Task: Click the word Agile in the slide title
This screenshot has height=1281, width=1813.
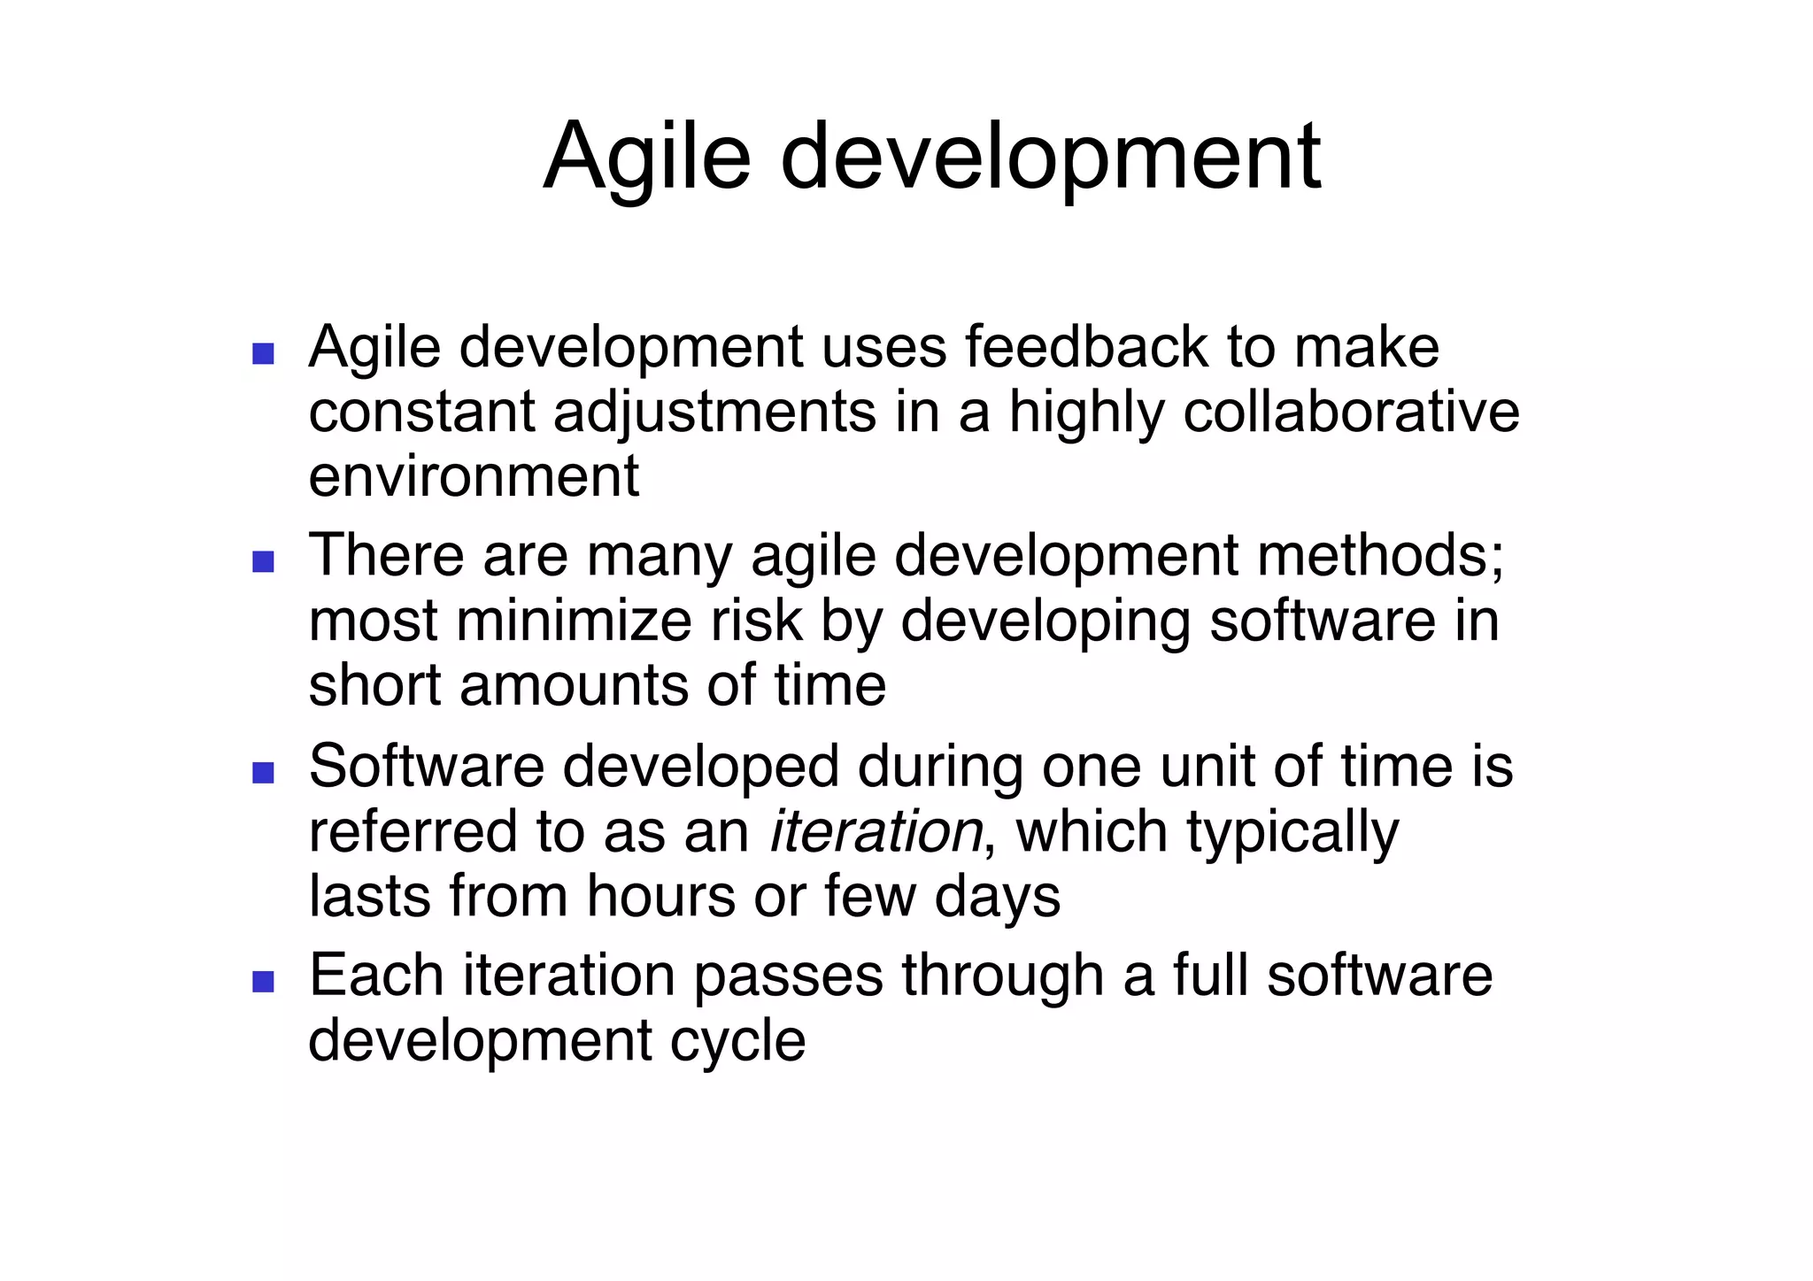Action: coord(647,158)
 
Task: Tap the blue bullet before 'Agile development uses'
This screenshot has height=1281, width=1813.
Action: coord(263,354)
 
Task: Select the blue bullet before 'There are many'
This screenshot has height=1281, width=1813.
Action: coord(263,562)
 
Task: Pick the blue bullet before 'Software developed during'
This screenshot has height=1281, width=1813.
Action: coord(263,773)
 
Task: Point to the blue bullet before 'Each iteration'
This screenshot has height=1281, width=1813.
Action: coord(263,981)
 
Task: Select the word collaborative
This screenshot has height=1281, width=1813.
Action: coord(1351,412)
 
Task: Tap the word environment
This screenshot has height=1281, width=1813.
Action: coord(474,476)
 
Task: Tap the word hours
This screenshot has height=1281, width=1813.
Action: coord(660,896)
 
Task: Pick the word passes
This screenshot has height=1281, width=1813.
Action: coord(788,976)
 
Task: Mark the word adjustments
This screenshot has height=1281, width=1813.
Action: coord(714,413)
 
